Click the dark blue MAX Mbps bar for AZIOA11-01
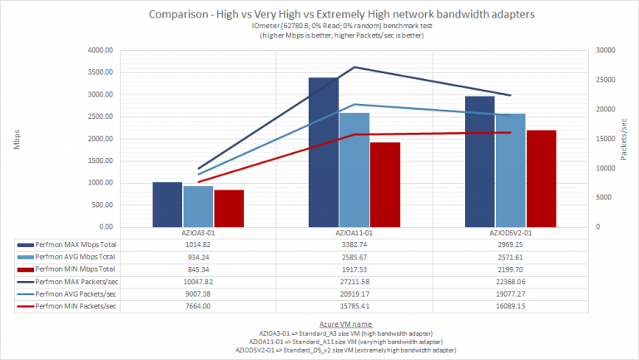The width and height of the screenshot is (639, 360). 323,151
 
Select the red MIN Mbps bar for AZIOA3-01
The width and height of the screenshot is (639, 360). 229,208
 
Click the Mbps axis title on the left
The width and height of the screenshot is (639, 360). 17,138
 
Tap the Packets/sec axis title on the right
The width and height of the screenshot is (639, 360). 624,136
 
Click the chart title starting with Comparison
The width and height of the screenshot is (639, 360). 319,14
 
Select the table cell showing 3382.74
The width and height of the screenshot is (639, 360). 354,246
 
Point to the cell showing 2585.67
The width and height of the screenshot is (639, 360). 354,258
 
